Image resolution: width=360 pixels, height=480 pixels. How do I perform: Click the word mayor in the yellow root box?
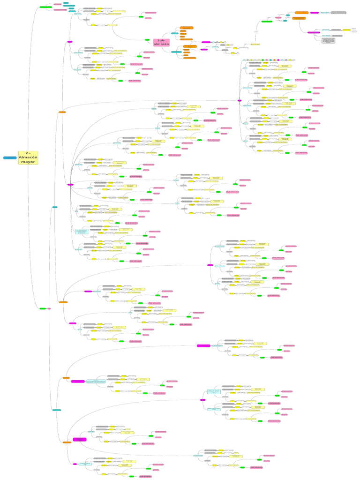click(x=28, y=162)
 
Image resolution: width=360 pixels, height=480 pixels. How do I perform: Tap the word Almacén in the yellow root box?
click(x=28, y=157)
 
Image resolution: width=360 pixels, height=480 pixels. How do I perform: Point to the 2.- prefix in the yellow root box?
click(x=28, y=153)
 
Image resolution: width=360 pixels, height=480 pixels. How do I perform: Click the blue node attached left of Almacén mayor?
click(x=9, y=158)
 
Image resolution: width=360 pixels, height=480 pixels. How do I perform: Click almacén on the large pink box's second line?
click(x=162, y=45)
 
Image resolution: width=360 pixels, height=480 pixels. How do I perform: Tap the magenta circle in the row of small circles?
click(x=278, y=60)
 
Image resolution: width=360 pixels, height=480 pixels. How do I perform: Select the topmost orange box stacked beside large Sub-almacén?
click(x=187, y=28)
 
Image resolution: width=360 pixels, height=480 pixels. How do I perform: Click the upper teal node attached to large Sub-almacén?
click(x=174, y=33)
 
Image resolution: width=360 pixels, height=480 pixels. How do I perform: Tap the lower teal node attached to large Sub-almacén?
click(x=176, y=52)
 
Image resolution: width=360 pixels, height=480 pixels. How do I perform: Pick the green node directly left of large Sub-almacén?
click(x=147, y=40)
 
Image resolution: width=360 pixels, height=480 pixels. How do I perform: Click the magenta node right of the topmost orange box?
click(x=314, y=13)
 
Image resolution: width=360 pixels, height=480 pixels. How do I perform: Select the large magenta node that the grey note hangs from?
click(x=314, y=32)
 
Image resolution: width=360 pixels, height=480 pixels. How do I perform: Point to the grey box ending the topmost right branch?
click(x=338, y=13)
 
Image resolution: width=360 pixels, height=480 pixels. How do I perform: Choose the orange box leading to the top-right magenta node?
click(x=299, y=18)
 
